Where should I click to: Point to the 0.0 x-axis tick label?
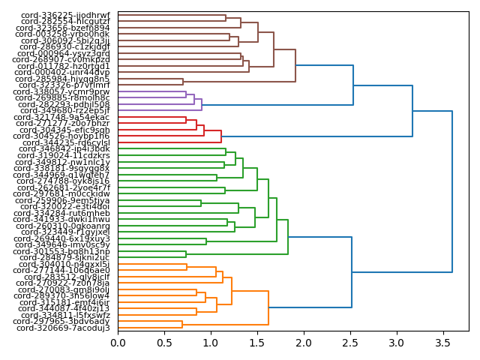(x=118, y=343)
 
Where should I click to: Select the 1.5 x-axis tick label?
(x=257, y=343)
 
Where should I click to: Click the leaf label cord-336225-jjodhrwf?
(x=65, y=15)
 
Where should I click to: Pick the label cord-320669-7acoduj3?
(x=63, y=328)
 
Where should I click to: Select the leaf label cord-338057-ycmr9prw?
(x=64, y=91)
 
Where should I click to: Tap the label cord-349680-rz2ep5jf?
(x=63, y=111)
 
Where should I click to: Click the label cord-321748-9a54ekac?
(x=64, y=118)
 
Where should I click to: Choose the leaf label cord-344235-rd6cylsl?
(x=66, y=142)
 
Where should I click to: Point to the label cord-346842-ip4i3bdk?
(x=64, y=149)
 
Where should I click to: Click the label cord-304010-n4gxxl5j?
(x=64, y=264)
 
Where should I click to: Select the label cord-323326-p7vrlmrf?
(x=64, y=85)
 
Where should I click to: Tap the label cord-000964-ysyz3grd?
(x=64, y=53)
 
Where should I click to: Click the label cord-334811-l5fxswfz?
(x=65, y=315)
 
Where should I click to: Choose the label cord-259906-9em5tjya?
(x=64, y=200)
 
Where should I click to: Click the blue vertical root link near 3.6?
(x=452, y=191)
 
